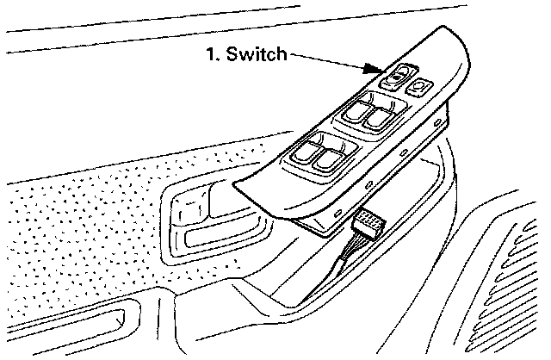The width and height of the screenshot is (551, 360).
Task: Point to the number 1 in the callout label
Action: (x=210, y=54)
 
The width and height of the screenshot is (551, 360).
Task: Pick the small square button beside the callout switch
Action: (x=420, y=84)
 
